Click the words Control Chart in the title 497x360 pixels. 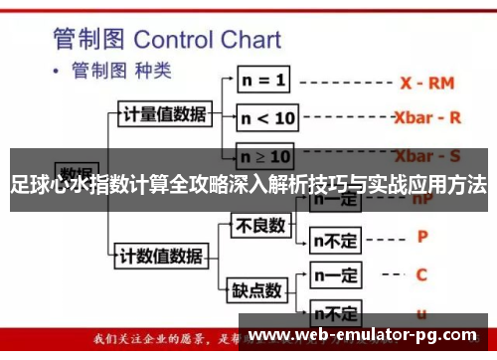click(x=207, y=39)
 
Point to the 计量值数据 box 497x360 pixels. click(x=165, y=113)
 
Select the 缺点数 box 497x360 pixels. click(x=255, y=290)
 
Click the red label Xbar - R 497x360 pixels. click(x=427, y=116)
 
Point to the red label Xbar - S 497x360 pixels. click(x=427, y=156)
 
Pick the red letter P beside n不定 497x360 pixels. click(x=421, y=237)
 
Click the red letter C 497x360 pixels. click(x=421, y=274)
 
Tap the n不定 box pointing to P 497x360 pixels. click(x=335, y=239)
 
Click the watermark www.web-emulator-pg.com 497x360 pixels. click(x=374, y=335)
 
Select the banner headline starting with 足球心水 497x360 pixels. click(x=248, y=185)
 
